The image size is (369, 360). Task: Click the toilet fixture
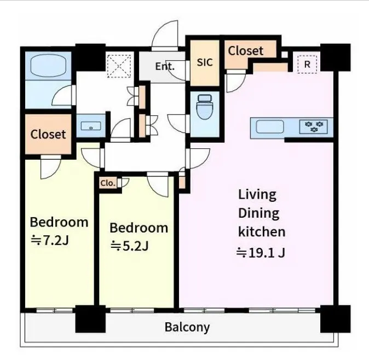point(205,107)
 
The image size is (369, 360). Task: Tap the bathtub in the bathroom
point(49,66)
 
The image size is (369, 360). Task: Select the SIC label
point(205,62)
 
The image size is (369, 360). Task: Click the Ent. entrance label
point(165,66)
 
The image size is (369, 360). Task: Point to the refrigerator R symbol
point(307,64)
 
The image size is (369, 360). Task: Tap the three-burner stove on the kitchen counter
point(314,126)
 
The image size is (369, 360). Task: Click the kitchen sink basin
point(270,126)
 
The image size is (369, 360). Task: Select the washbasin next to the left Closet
point(91,126)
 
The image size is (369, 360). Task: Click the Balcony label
point(187,327)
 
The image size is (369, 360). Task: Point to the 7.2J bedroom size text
point(50,240)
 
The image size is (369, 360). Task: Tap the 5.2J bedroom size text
point(129,246)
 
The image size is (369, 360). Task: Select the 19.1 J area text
point(261,253)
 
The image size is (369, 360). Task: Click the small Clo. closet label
point(108,183)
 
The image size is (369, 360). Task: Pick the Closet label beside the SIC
point(245,50)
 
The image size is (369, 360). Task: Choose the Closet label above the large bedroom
point(48,134)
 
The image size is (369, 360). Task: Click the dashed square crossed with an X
point(119,66)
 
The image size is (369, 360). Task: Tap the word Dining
point(258,213)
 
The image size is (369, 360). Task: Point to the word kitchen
point(262,231)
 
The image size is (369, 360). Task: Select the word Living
point(257,195)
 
